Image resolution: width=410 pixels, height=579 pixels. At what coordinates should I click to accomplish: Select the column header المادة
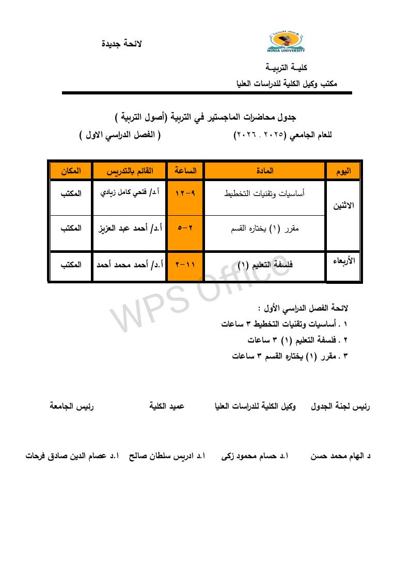(265, 170)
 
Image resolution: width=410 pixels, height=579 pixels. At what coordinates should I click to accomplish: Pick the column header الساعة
(185, 170)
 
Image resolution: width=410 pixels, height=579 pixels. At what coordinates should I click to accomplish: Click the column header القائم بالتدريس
(129, 170)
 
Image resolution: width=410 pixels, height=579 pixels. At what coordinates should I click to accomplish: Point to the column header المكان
(70, 170)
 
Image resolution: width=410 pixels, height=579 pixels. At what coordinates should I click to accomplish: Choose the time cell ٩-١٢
(185, 193)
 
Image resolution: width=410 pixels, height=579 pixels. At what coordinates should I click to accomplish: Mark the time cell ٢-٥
(185, 228)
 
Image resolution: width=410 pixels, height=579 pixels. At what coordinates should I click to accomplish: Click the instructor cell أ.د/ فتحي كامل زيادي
(129, 193)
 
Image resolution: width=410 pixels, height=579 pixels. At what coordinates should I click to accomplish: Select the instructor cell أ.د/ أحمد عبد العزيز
(129, 228)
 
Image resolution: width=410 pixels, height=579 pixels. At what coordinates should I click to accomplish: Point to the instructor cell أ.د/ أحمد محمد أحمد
(130, 265)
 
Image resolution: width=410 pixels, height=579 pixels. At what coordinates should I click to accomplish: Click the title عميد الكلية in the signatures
(167, 407)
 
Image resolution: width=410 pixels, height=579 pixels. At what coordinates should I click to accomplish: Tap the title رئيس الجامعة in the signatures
(71, 407)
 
